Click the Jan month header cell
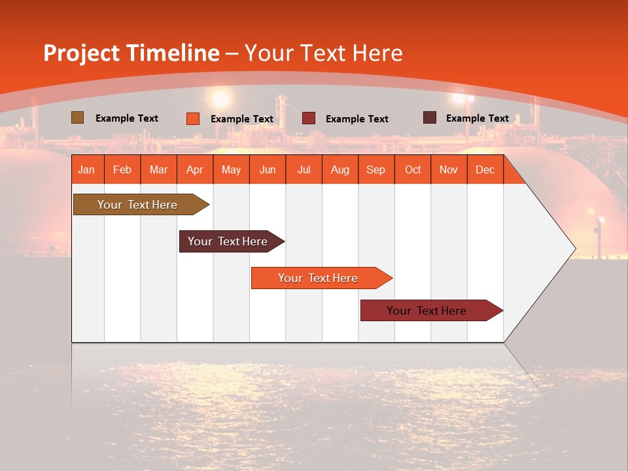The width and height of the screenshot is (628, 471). pos(86,169)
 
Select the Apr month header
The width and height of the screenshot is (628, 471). pos(194,169)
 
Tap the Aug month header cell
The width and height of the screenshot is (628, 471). pos(340,169)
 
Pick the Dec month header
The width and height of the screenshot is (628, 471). pos(485,169)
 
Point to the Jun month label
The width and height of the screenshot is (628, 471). pos(267,169)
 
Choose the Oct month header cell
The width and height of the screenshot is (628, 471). pos(412,169)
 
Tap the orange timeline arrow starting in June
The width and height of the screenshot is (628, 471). pos(319,278)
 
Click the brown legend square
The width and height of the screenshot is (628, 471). pos(77,118)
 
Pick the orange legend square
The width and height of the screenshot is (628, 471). pos(192,118)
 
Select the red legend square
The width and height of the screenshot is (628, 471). pos(308,118)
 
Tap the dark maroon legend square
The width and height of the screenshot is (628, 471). pos(429,118)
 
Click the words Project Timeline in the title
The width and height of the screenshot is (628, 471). pos(131,53)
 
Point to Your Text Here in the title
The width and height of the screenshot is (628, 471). pos(323,53)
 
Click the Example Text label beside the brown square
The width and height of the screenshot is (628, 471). pos(127,118)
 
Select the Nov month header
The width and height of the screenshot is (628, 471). pos(448,169)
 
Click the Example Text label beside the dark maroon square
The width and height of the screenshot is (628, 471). pos(477,118)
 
